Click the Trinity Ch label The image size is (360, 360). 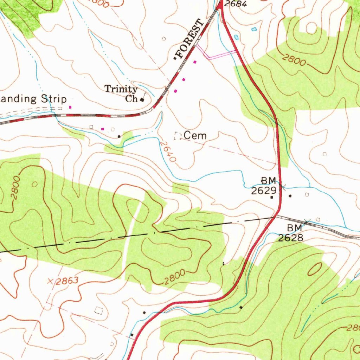tap(121, 94)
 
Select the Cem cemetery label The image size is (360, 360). tap(195, 135)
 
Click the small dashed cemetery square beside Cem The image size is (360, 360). tap(177, 136)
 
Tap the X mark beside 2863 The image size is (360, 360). tap(51, 281)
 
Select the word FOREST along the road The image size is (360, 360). tap(190, 39)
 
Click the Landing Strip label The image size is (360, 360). tap(33, 98)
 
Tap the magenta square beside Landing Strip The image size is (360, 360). tap(70, 107)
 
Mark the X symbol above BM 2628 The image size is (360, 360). tap(307, 221)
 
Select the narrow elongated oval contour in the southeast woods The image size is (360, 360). tap(315, 269)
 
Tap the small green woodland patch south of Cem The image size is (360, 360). tap(181, 188)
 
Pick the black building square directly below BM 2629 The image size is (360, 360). tap(272, 198)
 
